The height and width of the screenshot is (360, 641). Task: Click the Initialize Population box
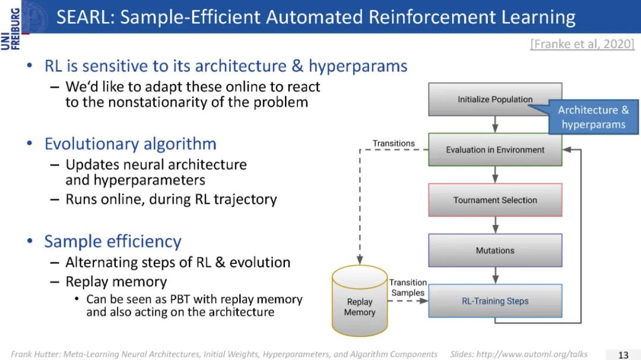[x=494, y=99]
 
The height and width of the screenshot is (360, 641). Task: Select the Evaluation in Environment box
[x=494, y=149]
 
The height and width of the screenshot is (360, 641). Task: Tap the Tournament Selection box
[x=494, y=200]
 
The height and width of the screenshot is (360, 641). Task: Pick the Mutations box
[x=494, y=250]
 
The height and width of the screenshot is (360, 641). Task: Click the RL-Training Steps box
[x=494, y=301]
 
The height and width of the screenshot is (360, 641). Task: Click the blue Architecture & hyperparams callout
[x=593, y=117]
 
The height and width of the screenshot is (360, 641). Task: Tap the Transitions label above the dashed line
[x=394, y=143]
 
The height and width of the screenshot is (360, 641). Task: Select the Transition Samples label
[x=408, y=288]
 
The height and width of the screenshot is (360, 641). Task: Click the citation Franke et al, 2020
[x=582, y=43]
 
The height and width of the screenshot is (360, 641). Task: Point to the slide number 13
[x=623, y=355]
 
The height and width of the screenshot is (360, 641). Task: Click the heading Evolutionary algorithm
[x=130, y=144]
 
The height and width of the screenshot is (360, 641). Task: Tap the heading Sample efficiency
[x=113, y=241]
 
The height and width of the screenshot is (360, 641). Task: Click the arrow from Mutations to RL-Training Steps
[x=495, y=276]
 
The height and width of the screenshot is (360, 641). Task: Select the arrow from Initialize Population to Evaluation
[x=495, y=124]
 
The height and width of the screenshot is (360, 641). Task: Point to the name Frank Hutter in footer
[x=34, y=354]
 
